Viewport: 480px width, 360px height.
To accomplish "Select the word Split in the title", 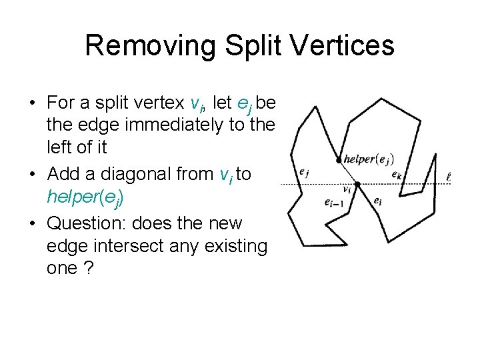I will pyautogui.click(x=243, y=46).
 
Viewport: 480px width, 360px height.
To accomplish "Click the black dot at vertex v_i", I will pyautogui.click(x=357, y=184).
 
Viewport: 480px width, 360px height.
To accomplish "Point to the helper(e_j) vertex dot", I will pyautogui.click(x=339, y=160).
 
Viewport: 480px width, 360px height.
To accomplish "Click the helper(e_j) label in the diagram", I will pyautogui.click(x=368, y=159).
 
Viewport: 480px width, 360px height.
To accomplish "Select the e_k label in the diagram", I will pyautogui.click(x=397, y=175).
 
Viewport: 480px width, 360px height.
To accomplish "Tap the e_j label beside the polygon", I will pyautogui.click(x=304, y=171).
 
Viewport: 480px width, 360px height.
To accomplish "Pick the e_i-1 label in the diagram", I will pyautogui.click(x=332, y=202).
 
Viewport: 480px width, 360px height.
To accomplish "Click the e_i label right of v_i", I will pyautogui.click(x=377, y=199).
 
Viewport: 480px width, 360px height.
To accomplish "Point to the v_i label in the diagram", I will pyautogui.click(x=346, y=189).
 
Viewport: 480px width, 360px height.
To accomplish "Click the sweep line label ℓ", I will pyautogui.click(x=449, y=177).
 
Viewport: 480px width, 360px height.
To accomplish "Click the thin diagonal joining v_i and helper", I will pyautogui.click(x=348, y=172).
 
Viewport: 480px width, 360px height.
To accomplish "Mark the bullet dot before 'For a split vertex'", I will pyautogui.click(x=32, y=103).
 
